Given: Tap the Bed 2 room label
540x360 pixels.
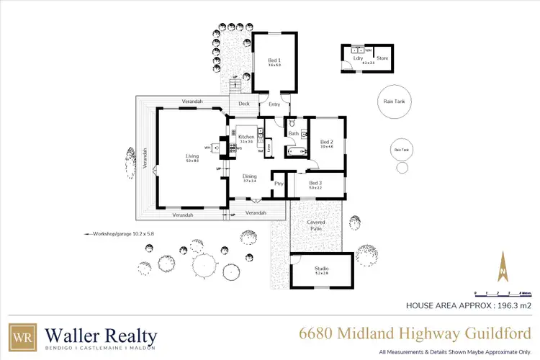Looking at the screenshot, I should (326, 142).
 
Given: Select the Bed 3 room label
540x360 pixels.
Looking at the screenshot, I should (315, 184).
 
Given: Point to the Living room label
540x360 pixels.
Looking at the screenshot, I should (192, 156).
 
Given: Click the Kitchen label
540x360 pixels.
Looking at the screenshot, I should (246, 137).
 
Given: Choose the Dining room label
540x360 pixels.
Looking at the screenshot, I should (249, 176).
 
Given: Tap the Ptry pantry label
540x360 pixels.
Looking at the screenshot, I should (279, 184).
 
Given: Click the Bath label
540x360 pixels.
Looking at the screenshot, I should (293, 133).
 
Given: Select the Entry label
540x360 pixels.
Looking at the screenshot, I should (274, 104).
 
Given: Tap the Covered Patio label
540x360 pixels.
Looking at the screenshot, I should (316, 225).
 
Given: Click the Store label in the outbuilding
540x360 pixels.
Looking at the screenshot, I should (382, 58).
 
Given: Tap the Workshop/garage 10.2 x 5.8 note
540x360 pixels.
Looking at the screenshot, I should (123, 234).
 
